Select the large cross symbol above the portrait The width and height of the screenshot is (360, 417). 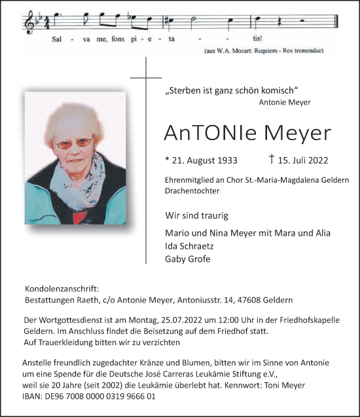pyautogui.click(x=146, y=79)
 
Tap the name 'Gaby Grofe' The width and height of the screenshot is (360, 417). pyautogui.click(x=189, y=259)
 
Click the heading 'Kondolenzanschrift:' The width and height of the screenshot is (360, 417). pyautogui.click(x=62, y=288)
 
